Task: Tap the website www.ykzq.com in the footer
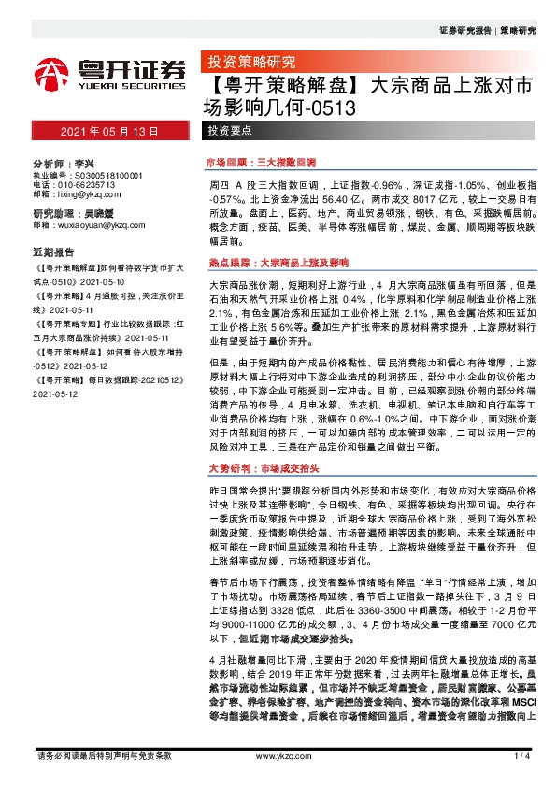point(278,755)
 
